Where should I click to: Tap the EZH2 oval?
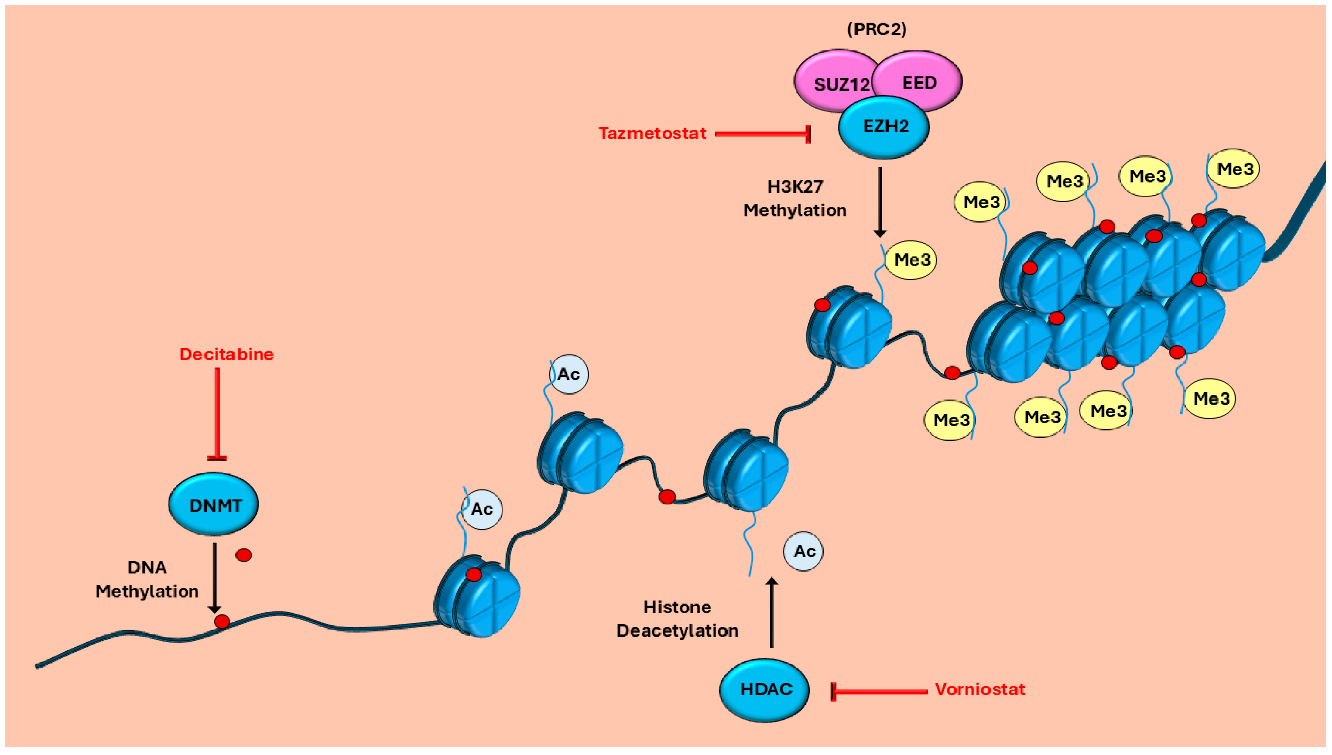(x=884, y=127)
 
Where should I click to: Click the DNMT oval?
(x=214, y=504)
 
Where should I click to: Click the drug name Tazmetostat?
(x=652, y=133)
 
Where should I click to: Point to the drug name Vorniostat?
(x=979, y=690)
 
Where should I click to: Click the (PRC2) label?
(x=877, y=29)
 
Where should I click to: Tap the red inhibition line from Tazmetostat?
(x=763, y=134)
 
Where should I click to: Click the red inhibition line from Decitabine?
(x=217, y=414)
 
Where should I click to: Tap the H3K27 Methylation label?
(x=795, y=199)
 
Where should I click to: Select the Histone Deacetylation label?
(x=677, y=619)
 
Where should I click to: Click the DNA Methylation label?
(x=147, y=579)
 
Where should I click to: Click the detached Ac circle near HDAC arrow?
(x=803, y=551)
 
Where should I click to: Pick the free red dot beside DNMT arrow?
(x=244, y=555)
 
